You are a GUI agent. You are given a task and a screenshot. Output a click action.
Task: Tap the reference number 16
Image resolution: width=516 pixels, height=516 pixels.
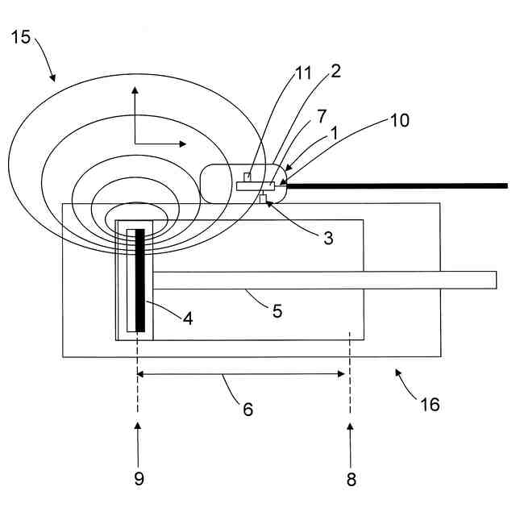pyautogui.click(x=431, y=404)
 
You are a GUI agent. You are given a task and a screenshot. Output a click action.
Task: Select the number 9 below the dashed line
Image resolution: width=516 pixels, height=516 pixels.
pyautogui.click(x=139, y=478)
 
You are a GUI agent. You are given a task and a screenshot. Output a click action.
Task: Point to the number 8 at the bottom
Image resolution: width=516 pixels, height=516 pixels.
pyautogui.click(x=351, y=479)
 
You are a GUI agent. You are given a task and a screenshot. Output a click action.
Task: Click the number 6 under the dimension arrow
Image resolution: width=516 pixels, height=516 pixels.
pyautogui.click(x=248, y=409)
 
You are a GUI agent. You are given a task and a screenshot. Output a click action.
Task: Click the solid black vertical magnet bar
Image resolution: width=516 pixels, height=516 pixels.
pyautogui.click(x=140, y=280)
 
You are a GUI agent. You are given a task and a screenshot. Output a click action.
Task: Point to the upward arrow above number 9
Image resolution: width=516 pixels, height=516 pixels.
pyautogui.click(x=138, y=435)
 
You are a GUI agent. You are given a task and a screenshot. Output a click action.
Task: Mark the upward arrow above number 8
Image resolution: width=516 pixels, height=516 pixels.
pyautogui.click(x=350, y=435)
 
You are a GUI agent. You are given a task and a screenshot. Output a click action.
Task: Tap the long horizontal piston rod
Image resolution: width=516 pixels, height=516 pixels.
pyautogui.click(x=322, y=280)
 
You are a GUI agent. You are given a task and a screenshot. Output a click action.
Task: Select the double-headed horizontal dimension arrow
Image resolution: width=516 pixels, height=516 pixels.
pyautogui.click(x=241, y=373)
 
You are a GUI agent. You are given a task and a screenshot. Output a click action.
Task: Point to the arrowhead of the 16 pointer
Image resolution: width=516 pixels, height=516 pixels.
pyautogui.click(x=396, y=372)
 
